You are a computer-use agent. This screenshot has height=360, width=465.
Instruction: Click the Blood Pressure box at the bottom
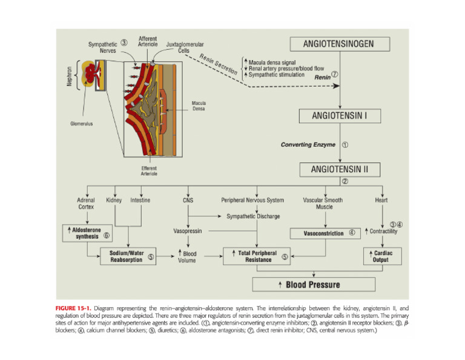(x=313, y=284)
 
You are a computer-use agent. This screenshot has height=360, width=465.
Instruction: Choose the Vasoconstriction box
(x=331, y=233)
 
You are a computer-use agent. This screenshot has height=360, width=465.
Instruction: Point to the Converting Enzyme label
(x=309, y=145)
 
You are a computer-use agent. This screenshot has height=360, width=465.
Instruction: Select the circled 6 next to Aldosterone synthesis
(x=107, y=236)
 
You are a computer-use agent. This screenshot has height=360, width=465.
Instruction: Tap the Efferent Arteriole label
(x=149, y=172)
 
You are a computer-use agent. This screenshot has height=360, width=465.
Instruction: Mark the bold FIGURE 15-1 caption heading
(x=74, y=308)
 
